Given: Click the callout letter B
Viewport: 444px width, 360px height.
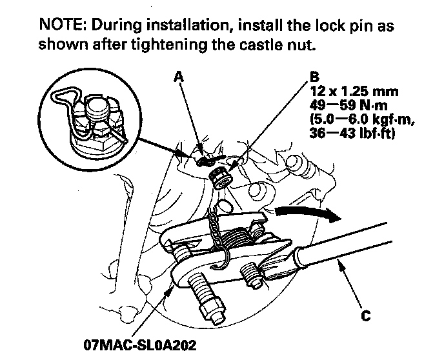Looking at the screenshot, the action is click(315, 77).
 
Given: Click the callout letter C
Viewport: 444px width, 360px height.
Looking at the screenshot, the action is click(367, 317).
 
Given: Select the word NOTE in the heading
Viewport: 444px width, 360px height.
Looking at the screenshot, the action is click(59, 26).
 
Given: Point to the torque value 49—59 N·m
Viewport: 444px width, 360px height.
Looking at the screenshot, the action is click(344, 101).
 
